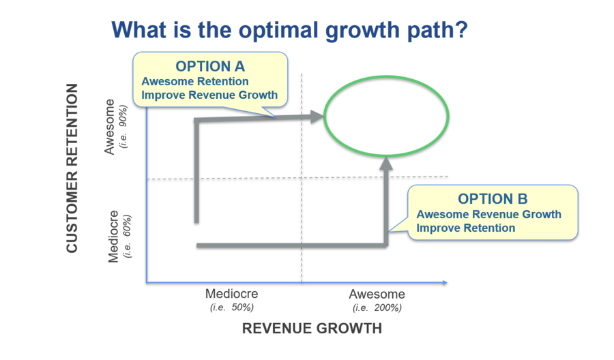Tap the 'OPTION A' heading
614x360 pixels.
(209, 67)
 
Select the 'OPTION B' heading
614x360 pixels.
(493, 199)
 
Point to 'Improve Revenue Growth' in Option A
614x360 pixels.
(209, 95)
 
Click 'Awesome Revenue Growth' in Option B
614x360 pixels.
(489, 214)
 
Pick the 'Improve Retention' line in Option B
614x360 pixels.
(465, 228)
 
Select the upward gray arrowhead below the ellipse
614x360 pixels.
(386, 163)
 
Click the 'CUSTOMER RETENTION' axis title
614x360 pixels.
(72, 168)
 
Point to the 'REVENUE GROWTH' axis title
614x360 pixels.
(312, 329)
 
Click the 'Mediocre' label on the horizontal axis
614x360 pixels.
(232, 295)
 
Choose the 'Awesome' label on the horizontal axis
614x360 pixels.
(377, 295)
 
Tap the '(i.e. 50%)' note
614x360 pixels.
(232, 307)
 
